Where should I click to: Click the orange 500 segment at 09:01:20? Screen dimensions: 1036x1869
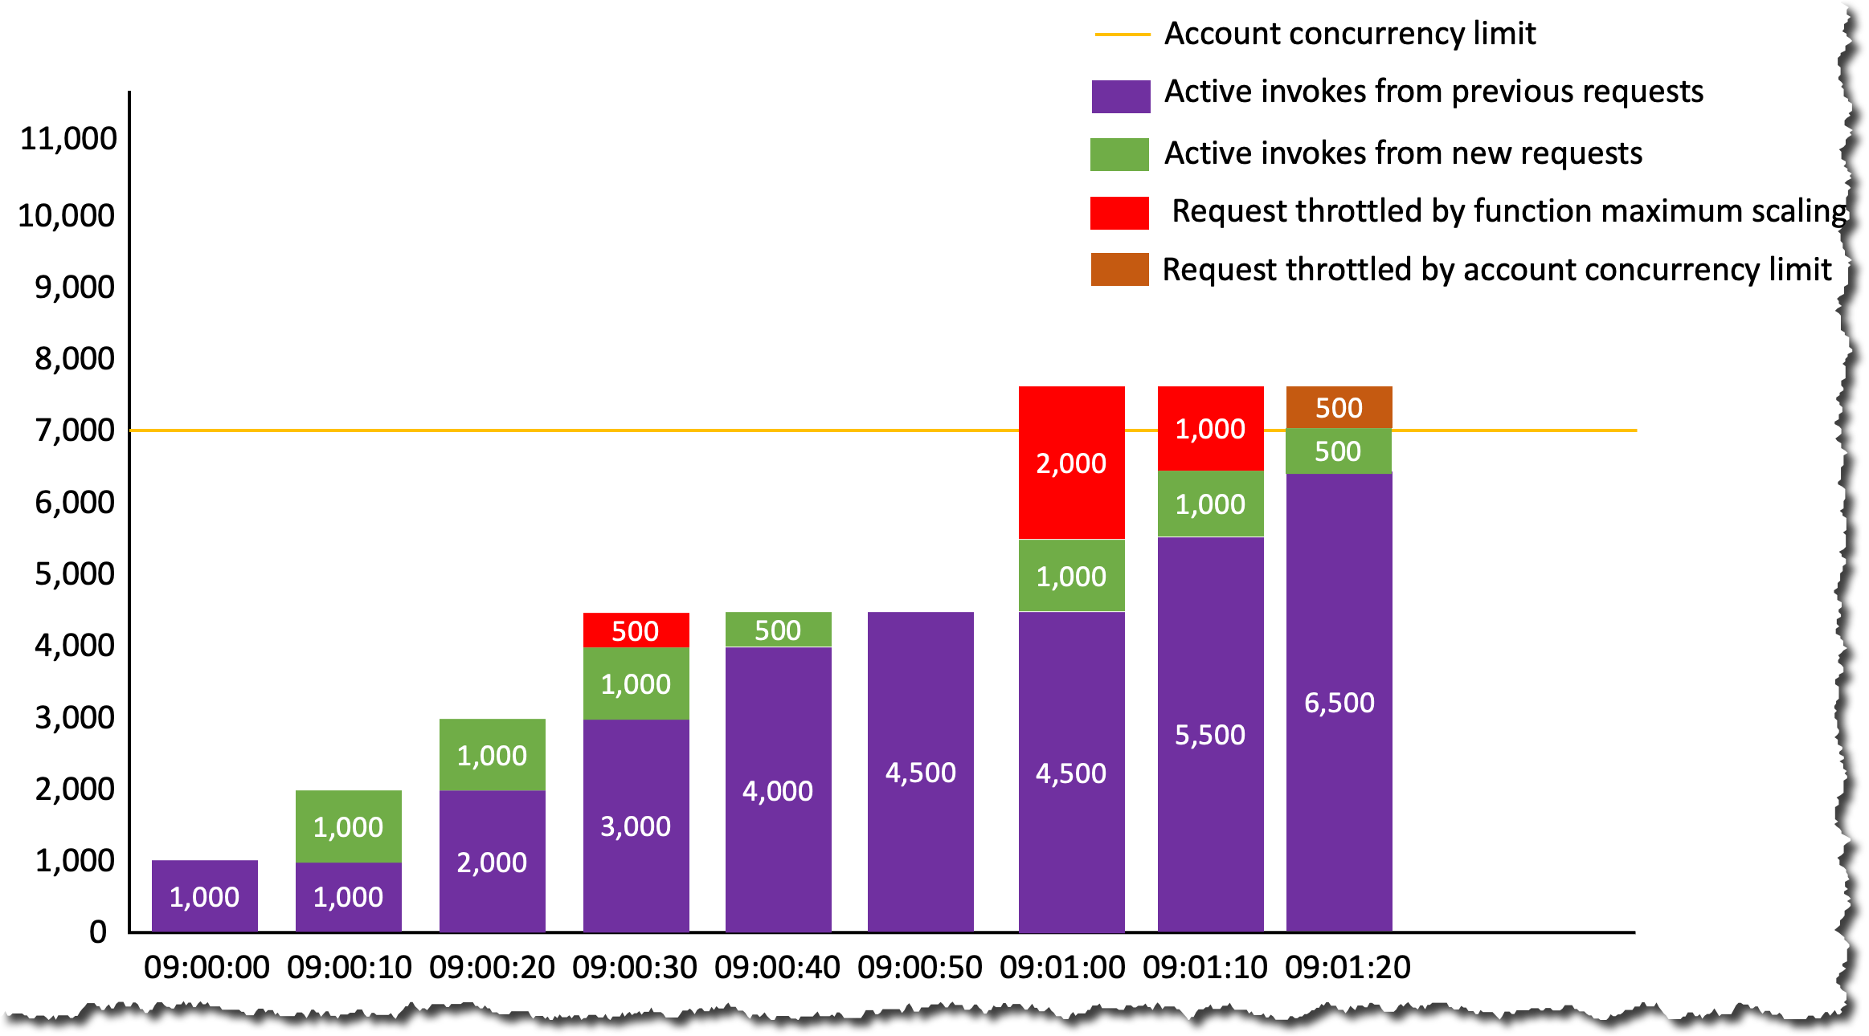pyautogui.click(x=1339, y=407)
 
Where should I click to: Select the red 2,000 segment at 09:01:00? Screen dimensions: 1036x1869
pyautogui.click(x=1071, y=463)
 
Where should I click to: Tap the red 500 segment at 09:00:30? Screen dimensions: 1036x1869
pyautogui.click(x=636, y=630)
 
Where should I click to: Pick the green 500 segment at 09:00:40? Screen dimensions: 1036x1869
pyautogui.click(x=778, y=630)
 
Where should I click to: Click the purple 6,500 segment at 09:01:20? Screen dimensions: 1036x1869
pyautogui.click(x=1339, y=703)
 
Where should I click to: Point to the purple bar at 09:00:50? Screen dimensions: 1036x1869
pyautogui.click(x=920, y=772)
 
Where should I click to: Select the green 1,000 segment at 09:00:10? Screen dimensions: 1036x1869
pyautogui.click(x=348, y=826)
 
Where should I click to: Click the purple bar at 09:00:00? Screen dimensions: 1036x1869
pyautogui.click(x=204, y=896)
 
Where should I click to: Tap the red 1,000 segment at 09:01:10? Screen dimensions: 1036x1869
pyautogui.click(x=1210, y=428)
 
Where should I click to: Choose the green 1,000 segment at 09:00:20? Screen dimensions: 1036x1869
pyautogui.click(x=492, y=755)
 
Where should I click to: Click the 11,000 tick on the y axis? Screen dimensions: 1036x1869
pyautogui.click(x=68, y=139)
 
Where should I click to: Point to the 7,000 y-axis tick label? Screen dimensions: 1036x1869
pyautogui.click(x=74, y=430)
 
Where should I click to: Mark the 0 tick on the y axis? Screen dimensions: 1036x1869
pyautogui.click(x=98, y=932)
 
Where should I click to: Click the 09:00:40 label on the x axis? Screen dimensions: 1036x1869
pyautogui.click(x=777, y=967)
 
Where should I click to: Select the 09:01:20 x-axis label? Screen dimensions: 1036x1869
pyautogui.click(x=1348, y=967)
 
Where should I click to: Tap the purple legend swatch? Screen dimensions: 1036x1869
pyautogui.click(x=1120, y=96)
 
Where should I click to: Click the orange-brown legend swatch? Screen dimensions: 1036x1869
pyautogui.click(x=1119, y=269)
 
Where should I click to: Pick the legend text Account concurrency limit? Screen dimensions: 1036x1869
pyautogui.click(x=1350, y=34)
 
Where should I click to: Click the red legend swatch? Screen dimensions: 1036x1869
pyautogui.click(x=1119, y=213)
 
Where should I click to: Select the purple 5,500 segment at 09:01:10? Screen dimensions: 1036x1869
pyautogui.click(x=1210, y=734)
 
